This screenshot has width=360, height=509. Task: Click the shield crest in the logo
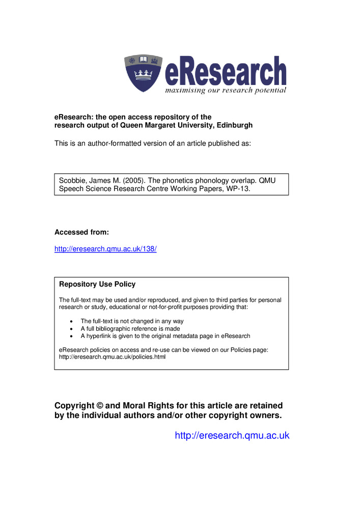coord(143,73)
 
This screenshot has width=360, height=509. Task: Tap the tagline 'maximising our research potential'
coord(225,91)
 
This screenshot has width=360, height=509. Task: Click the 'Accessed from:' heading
coord(81,232)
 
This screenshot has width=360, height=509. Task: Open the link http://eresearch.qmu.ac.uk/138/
coord(105,249)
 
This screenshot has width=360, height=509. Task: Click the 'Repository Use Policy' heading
coord(97,284)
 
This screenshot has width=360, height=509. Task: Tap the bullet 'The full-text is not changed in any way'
coord(132,321)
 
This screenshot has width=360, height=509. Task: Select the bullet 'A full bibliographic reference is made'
coord(130,329)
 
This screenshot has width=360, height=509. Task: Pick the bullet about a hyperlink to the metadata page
coord(165,336)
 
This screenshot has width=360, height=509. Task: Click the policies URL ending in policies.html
coord(112,357)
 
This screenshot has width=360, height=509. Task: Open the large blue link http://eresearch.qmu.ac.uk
coord(232,435)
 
